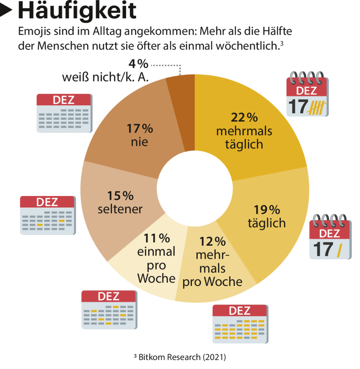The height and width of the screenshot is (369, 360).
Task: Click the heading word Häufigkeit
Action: [x=77, y=11]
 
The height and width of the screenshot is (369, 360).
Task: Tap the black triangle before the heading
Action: [x=7, y=11]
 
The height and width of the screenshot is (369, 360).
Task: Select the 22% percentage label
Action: [x=244, y=117]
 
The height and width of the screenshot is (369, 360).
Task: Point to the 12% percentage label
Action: [x=212, y=241]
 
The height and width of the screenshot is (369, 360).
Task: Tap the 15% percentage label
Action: [x=120, y=196]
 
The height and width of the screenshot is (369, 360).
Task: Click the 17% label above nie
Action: [x=140, y=128]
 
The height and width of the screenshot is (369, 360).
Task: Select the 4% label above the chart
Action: [x=138, y=64]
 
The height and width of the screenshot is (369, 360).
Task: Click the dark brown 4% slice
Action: [x=181, y=108]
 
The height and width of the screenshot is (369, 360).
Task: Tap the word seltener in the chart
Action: [x=120, y=209]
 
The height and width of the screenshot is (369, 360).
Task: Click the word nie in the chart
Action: [x=140, y=142]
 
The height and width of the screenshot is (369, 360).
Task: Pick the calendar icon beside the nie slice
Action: [x=64, y=113]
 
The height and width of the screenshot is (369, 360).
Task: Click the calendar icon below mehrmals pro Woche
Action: [x=240, y=324]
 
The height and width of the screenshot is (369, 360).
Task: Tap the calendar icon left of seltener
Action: [x=48, y=215]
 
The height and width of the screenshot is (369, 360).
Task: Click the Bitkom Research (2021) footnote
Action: [x=180, y=357]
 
